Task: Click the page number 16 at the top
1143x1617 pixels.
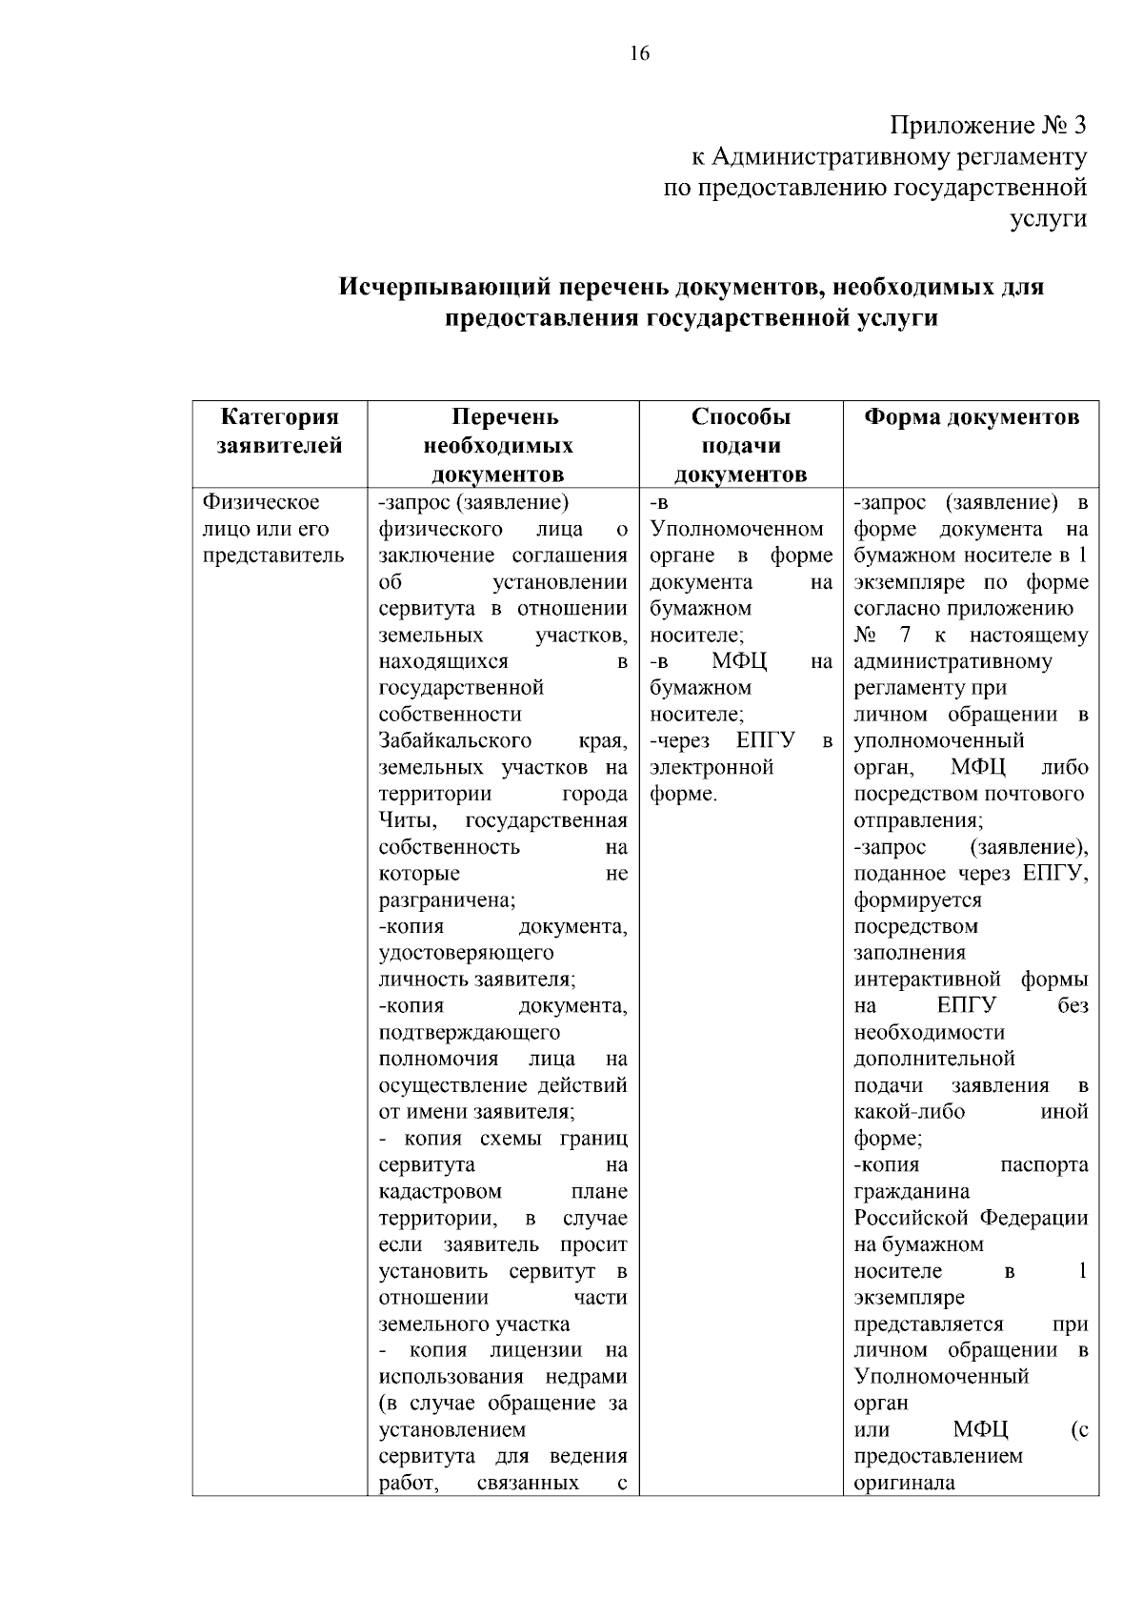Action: pyautogui.click(x=639, y=53)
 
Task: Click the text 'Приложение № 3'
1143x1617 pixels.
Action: pyautogui.click(x=988, y=126)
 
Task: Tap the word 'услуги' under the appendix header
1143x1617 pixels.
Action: pyautogui.click(x=1048, y=218)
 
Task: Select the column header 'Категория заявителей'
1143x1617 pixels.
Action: pyautogui.click(x=279, y=431)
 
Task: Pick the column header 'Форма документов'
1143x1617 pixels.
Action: pyautogui.click(x=971, y=417)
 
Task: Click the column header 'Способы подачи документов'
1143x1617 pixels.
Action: pyautogui.click(x=740, y=445)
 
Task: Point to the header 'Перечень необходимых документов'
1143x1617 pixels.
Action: pyautogui.click(x=502, y=445)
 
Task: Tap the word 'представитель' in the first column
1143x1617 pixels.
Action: pyautogui.click(x=273, y=556)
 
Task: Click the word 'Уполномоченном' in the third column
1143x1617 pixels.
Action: pyautogui.click(x=736, y=529)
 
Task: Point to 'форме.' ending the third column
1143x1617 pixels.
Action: pyautogui.click(x=683, y=794)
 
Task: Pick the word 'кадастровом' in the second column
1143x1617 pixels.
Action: pyautogui.click(x=440, y=1191)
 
